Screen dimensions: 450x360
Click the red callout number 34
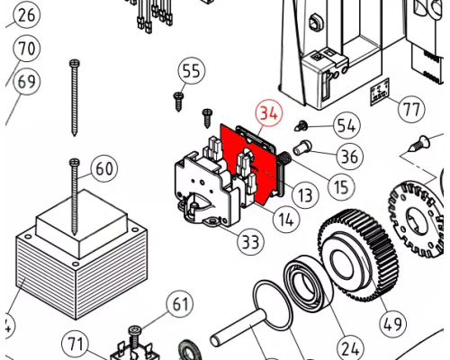269,113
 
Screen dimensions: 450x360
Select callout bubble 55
192,71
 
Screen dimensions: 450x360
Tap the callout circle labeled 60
104,168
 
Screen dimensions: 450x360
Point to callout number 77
411,109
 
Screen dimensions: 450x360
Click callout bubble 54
347,125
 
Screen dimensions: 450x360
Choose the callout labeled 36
349,156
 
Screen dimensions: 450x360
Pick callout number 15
341,186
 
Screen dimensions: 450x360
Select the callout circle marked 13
305,195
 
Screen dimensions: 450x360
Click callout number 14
286,220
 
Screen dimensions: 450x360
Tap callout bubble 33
250,241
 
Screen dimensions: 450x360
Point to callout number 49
393,323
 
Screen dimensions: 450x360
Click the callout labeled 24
350,348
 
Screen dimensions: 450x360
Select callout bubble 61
180,303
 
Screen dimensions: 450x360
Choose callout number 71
75,344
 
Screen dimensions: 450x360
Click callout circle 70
26,48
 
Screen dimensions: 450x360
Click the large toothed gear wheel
357,255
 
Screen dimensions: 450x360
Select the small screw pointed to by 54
301,126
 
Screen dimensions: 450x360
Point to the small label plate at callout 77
380,92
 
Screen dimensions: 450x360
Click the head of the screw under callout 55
179,95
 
